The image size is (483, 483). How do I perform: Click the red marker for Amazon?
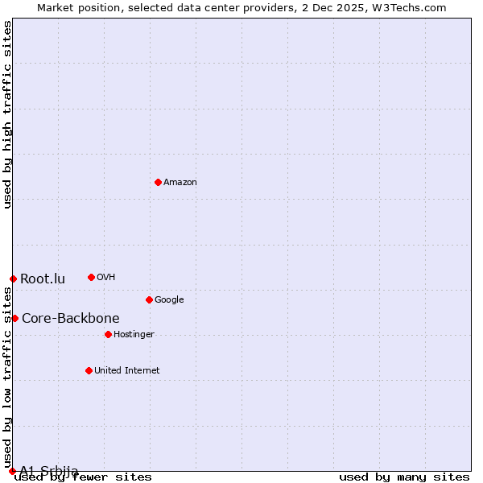(x=158, y=182)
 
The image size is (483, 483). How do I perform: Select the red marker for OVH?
(x=91, y=277)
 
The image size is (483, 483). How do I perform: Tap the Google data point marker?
(x=149, y=299)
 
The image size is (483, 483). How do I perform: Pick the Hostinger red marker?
(x=108, y=334)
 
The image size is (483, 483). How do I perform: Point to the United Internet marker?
(x=89, y=370)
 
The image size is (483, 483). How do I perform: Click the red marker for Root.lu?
(x=13, y=279)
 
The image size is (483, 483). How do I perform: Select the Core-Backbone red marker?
(x=14, y=318)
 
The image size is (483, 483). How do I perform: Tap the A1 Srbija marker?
(x=12, y=471)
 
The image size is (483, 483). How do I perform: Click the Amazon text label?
(x=180, y=183)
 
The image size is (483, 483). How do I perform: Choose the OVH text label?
(x=106, y=278)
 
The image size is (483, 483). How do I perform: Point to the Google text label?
(x=169, y=300)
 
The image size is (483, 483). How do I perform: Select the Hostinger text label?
(x=134, y=335)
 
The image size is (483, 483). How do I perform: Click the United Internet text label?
(x=127, y=371)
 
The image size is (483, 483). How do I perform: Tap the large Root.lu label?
(x=43, y=279)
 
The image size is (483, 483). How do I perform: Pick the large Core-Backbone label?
(x=71, y=318)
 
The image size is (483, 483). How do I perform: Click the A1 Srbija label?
(x=49, y=470)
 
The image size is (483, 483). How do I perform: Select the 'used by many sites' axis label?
(x=404, y=477)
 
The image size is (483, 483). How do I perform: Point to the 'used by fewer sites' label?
(x=83, y=477)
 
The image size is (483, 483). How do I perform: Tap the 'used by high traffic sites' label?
(x=7, y=114)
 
